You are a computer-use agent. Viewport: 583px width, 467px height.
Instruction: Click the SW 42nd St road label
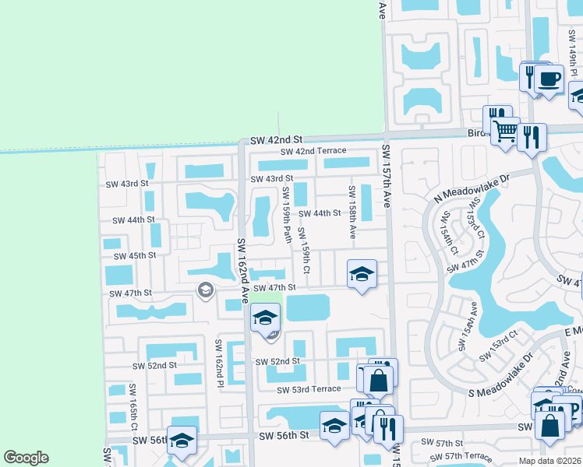coord(276,139)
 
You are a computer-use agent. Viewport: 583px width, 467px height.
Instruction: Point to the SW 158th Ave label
coord(352,212)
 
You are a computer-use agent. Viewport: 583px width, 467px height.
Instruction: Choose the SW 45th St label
coord(135,255)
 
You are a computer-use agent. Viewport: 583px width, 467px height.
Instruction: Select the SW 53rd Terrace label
coord(304,389)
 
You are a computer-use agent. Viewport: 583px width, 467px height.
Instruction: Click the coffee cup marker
coord(549,79)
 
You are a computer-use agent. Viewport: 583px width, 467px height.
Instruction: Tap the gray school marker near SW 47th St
coord(206,291)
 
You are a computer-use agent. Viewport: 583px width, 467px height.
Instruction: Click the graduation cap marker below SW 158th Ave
coord(361,274)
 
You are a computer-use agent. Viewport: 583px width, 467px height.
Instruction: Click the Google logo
coord(26,458)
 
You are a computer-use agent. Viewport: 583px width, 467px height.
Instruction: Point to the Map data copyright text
coord(549,461)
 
